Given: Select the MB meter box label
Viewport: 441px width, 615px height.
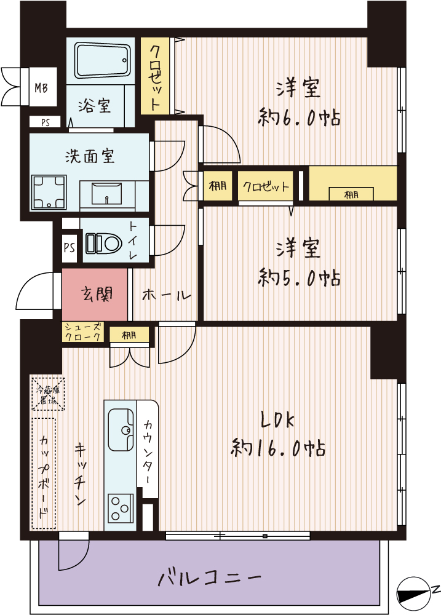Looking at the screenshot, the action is pyautogui.click(x=41, y=88).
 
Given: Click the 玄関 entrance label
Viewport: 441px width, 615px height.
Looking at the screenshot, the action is pyautogui.click(x=97, y=294).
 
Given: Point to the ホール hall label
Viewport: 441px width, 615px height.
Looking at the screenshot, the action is pyautogui.click(x=167, y=295).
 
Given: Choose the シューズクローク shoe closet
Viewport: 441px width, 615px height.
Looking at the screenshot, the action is pyautogui.click(x=83, y=332).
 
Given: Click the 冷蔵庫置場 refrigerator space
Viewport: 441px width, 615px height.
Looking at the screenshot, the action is pyautogui.click(x=47, y=394).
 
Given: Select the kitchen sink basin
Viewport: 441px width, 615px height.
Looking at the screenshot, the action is pyautogui.click(x=120, y=430).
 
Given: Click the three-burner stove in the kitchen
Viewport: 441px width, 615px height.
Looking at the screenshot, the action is pyautogui.click(x=120, y=509).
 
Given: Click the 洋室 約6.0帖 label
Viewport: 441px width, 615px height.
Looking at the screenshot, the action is pyautogui.click(x=298, y=103).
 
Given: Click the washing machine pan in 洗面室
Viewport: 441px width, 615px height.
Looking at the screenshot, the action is pyautogui.click(x=49, y=192).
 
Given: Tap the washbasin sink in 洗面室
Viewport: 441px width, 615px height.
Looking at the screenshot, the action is pyautogui.click(x=107, y=194).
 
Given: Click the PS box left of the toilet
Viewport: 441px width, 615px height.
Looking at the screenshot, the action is pyautogui.click(x=69, y=248).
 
